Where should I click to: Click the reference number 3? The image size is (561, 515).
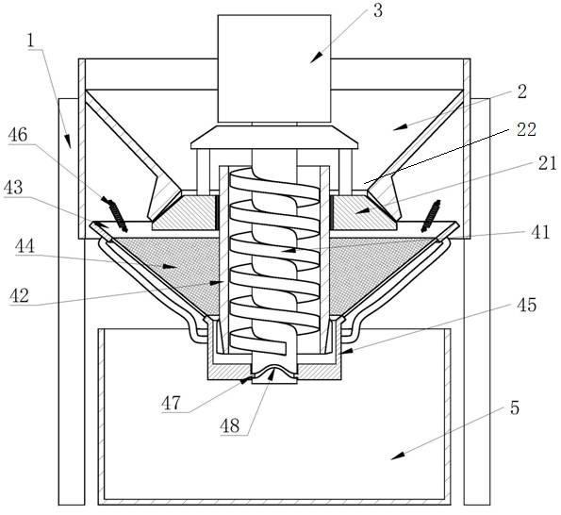tap(378, 10)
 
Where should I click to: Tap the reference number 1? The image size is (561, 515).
tap(31, 41)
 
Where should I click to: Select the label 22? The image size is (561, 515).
tap(526, 129)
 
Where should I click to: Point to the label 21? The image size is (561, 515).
tap(548, 163)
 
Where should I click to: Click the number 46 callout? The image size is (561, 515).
tap(18, 135)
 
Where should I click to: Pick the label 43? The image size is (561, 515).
tap(13, 187)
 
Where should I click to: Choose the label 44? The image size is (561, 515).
tap(25, 246)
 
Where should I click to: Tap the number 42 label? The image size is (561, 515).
tap(19, 296)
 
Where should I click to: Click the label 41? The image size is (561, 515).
tap(540, 232)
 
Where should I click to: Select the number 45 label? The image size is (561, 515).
tap(527, 306)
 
